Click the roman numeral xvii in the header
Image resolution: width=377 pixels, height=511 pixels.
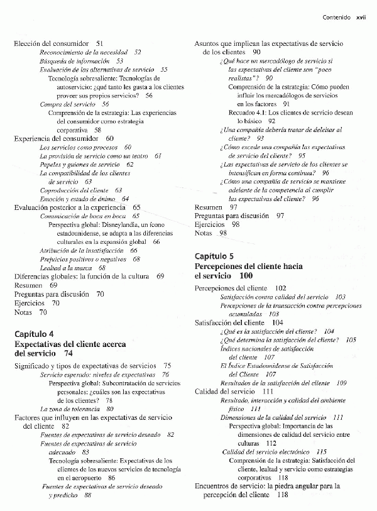pos(361,18)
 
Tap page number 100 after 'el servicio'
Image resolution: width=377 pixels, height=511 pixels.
pos(246,276)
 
